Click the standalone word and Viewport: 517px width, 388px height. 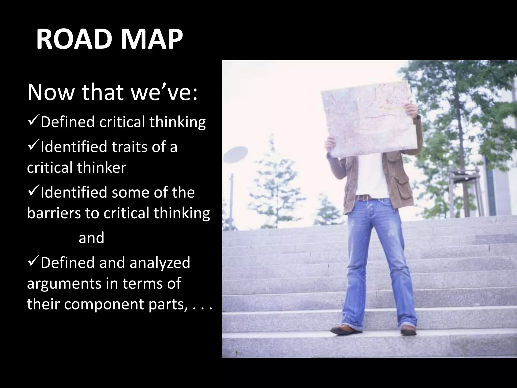click(91, 238)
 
